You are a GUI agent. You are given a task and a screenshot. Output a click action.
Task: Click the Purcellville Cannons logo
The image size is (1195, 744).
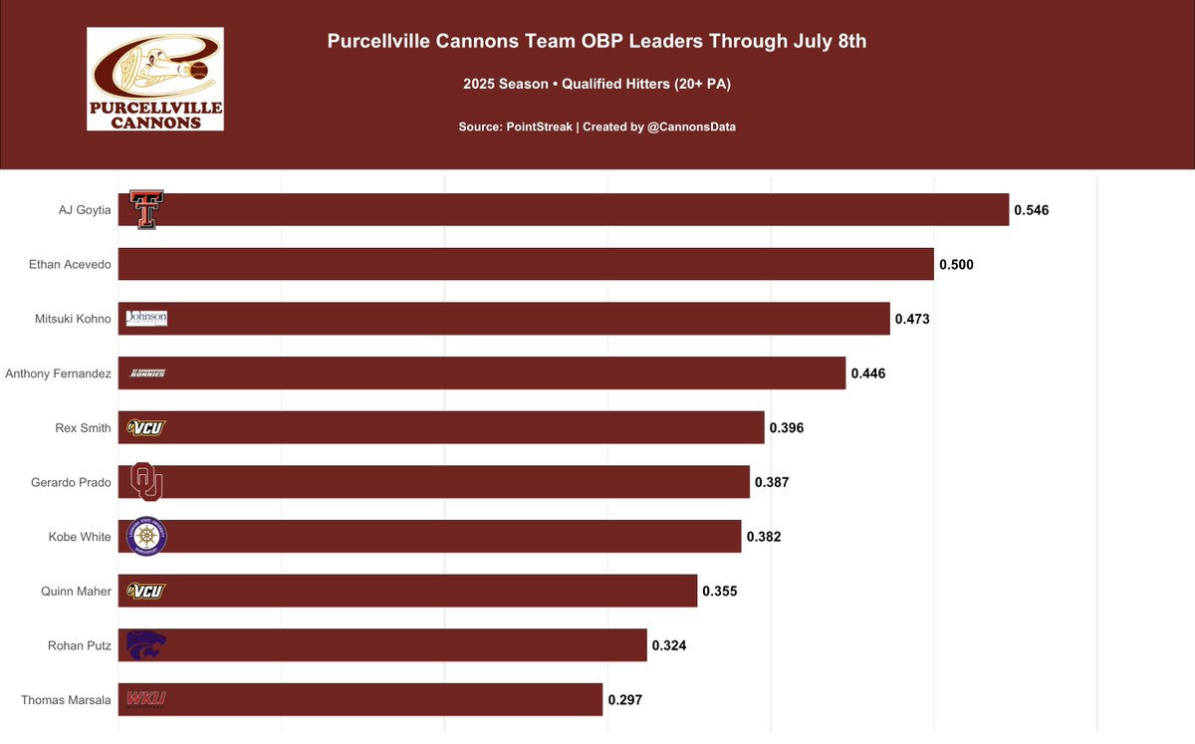[x=154, y=79]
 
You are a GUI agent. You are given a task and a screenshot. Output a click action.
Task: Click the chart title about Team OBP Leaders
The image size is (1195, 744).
[x=597, y=42]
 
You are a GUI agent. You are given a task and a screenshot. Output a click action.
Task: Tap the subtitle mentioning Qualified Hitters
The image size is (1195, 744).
[x=597, y=85]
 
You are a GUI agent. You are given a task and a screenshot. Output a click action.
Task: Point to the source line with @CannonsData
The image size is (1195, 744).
[x=597, y=127]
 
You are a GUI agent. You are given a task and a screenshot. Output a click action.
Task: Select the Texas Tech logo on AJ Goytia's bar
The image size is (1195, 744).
[x=146, y=210]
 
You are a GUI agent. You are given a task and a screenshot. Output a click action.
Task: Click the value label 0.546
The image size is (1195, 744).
[x=1031, y=210]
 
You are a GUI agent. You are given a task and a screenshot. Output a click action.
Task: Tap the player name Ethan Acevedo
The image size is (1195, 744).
[x=70, y=264]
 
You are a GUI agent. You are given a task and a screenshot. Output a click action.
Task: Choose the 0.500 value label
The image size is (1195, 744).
[x=955, y=264]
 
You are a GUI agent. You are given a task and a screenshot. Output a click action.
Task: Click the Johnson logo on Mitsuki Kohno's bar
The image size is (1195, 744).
[x=146, y=318]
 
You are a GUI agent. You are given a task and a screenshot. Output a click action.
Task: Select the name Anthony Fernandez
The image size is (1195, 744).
[x=58, y=373]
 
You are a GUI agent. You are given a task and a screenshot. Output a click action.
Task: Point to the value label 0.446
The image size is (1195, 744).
[x=867, y=373]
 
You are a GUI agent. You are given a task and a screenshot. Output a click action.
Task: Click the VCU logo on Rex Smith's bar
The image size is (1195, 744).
[x=145, y=427]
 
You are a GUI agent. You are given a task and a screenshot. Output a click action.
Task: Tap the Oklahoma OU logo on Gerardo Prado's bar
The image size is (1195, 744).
[x=146, y=482]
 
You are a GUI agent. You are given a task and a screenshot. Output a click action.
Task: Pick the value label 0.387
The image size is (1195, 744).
[x=772, y=482]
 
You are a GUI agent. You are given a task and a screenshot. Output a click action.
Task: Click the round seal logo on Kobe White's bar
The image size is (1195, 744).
[x=147, y=537]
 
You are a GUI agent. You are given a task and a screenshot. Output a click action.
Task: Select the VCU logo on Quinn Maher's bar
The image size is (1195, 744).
[x=145, y=591]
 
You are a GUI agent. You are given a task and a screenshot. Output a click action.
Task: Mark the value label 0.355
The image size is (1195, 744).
[x=719, y=591]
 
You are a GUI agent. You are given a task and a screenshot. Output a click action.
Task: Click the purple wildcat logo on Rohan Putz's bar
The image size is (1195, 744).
[x=146, y=644]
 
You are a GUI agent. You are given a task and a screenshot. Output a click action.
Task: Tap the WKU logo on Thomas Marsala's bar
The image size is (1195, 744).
[x=145, y=699]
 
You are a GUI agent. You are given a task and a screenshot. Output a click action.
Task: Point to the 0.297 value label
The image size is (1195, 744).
[x=624, y=699]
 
